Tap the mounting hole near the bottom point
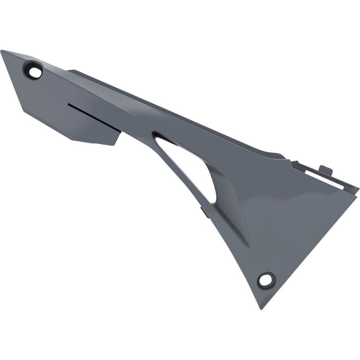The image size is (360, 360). (x=266, y=279)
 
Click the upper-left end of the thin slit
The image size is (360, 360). (x=68, y=105)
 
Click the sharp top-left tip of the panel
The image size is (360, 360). (x=1, y=51)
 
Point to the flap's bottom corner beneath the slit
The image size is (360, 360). (x=114, y=144)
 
